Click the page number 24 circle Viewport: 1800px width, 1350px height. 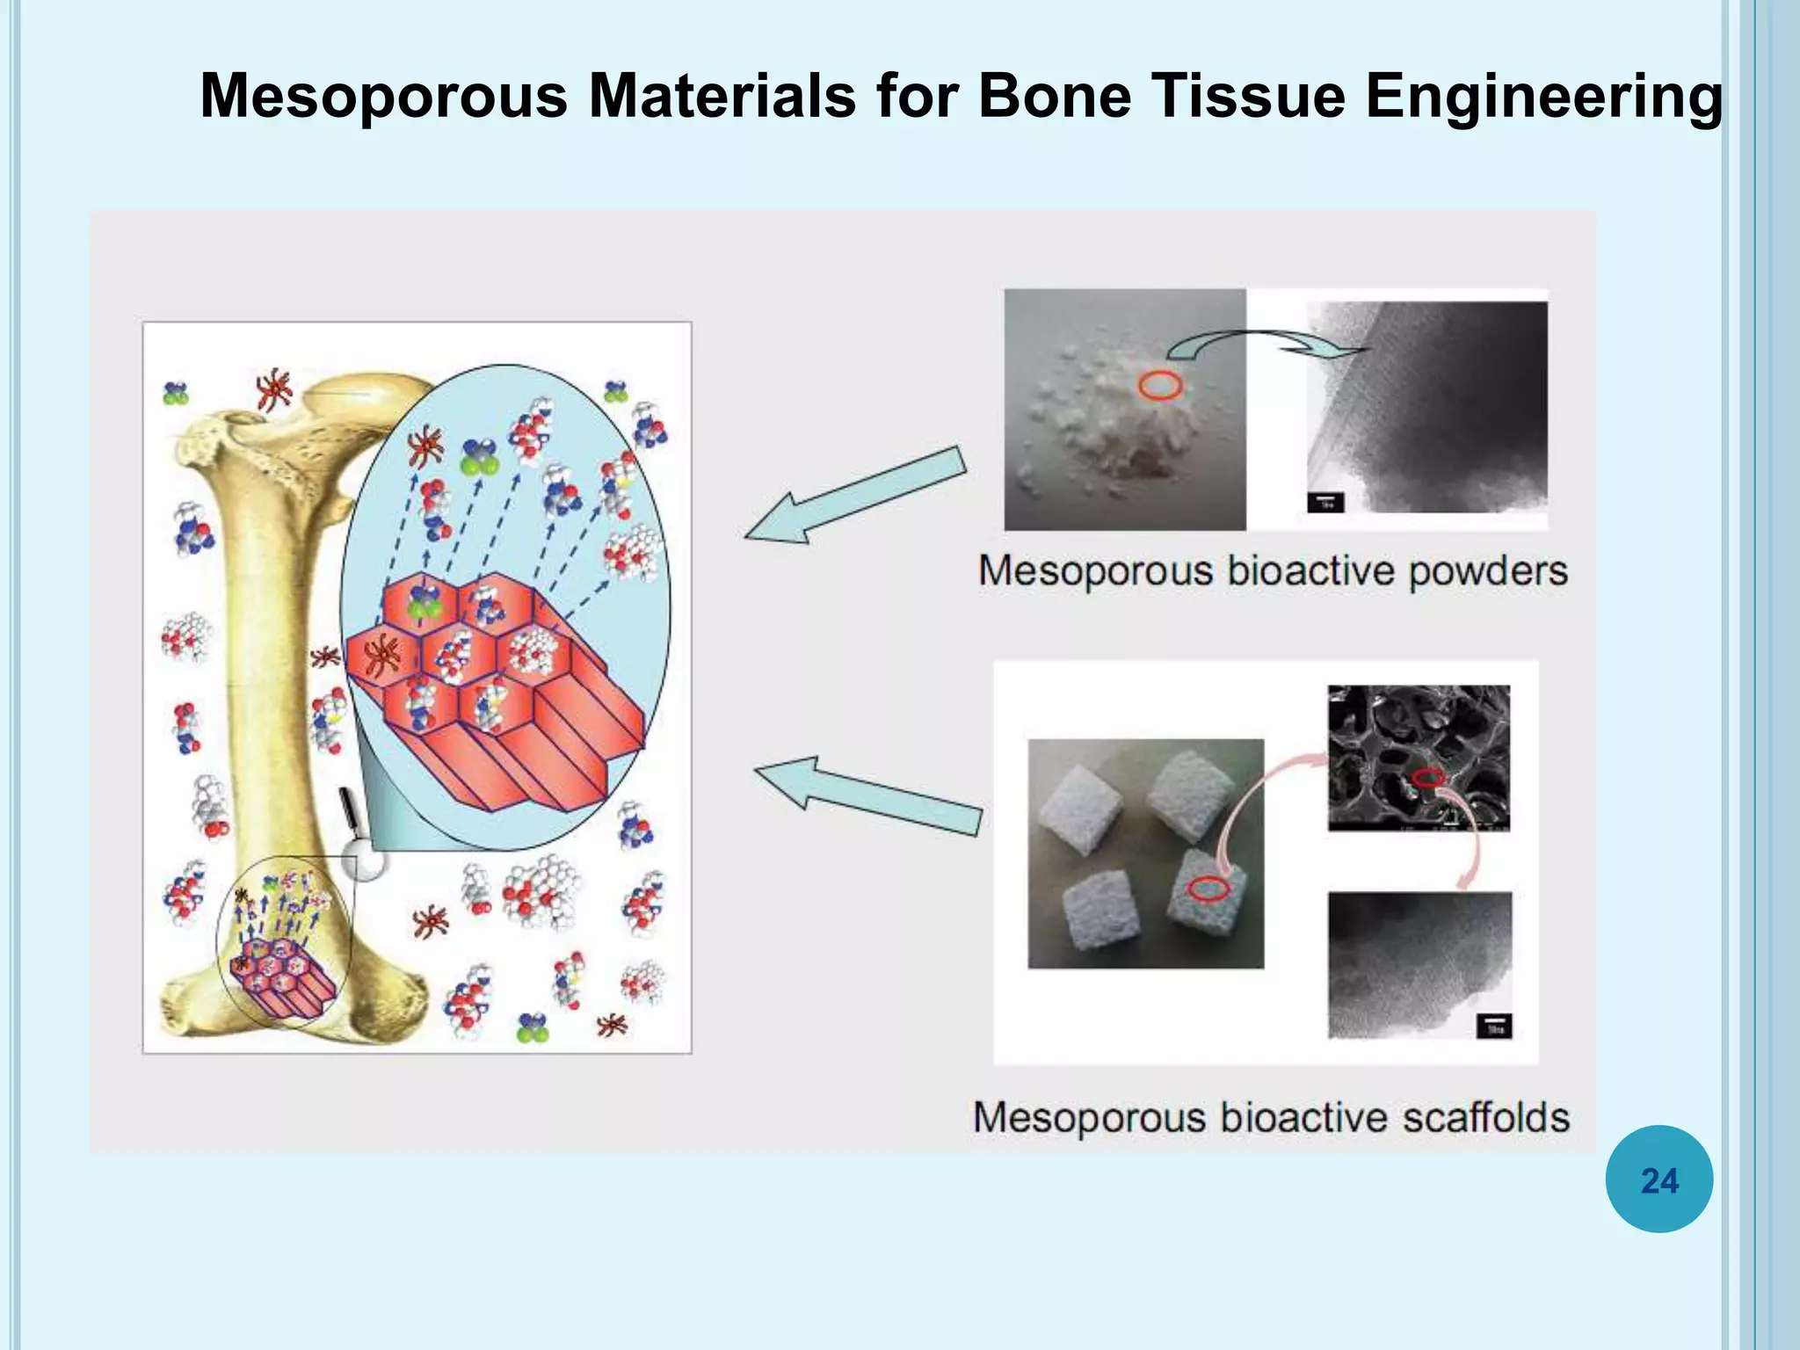[1658, 1179]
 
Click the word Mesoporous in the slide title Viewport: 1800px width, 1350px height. [384, 95]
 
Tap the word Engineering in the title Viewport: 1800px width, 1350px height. [1543, 97]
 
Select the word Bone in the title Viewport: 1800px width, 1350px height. [1054, 95]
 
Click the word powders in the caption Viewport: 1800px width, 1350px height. [1488, 571]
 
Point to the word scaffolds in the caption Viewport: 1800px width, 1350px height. [1485, 1118]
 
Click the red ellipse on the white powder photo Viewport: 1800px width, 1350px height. [1160, 385]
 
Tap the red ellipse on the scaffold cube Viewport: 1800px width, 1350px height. [1208, 889]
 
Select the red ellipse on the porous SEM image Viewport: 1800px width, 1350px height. [1427, 778]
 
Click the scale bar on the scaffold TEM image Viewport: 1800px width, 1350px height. [1494, 1027]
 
